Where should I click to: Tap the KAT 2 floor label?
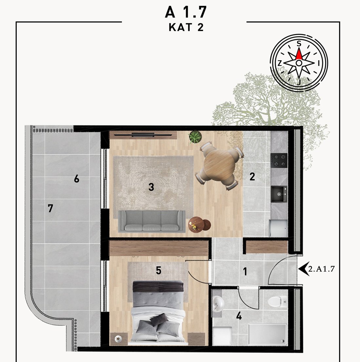[186, 27]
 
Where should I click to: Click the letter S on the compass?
[299, 44]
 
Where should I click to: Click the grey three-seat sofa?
[152, 221]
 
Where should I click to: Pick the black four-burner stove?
[279, 160]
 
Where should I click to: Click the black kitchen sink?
[279, 194]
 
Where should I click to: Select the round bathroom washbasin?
[218, 304]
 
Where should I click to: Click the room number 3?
[151, 187]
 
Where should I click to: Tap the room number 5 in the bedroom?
[159, 270]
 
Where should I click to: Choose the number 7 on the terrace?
[50, 208]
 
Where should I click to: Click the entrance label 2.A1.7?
[321, 269]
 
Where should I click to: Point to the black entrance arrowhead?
[304, 269]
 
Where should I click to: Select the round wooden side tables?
[199, 224]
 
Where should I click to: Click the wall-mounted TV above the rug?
[143, 135]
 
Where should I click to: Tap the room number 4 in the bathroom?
[239, 315]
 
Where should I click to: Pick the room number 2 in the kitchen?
[252, 177]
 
